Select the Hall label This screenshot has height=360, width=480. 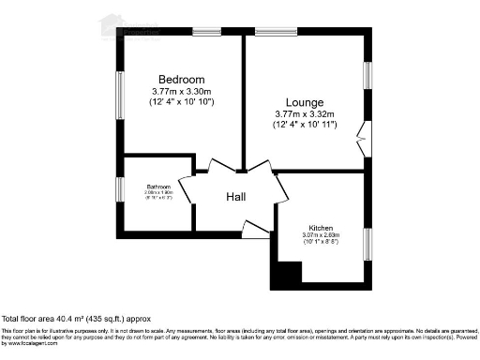click(236, 197)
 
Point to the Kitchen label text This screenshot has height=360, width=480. click(322, 227)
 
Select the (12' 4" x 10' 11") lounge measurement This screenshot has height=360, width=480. click(305, 124)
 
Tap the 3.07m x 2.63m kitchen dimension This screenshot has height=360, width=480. click(322, 234)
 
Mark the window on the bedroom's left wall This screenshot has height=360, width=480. click(119, 96)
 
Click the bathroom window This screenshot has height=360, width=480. click(119, 189)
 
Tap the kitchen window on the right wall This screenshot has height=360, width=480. click(367, 242)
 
